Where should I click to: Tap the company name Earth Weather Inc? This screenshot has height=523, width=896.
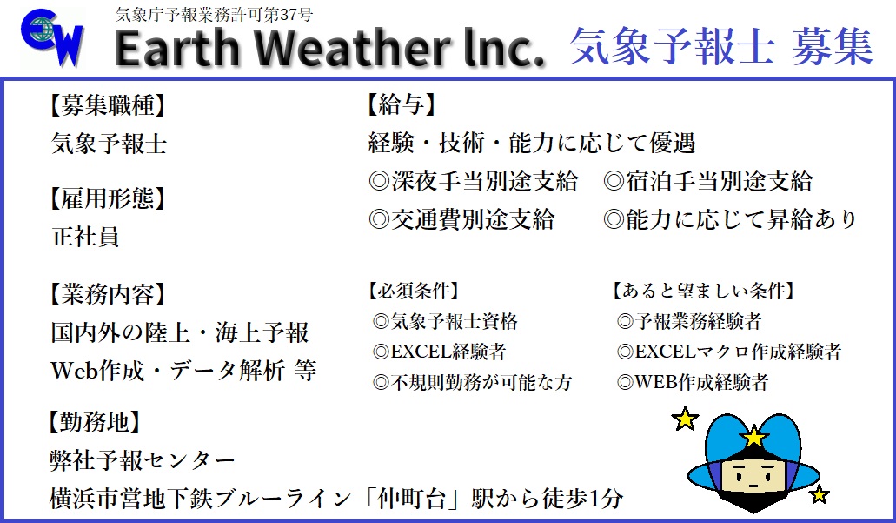tap(329, 50)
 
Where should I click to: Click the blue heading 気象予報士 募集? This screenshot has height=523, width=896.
tap(720, 46)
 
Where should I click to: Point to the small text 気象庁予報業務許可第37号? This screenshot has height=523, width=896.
tap(214, 14)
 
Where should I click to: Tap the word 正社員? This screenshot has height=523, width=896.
tap(84, 237)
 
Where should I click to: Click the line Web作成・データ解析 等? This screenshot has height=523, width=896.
tap(183, 370)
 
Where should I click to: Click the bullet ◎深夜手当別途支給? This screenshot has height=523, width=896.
tap(473, 181)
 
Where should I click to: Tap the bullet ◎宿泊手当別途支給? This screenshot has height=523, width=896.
tap(707, 181)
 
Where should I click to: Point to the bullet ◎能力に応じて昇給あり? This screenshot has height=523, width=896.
tap(730, 219)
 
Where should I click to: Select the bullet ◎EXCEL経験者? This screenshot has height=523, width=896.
tap(438, 352)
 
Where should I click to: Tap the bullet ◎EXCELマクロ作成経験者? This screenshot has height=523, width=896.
tap(728, 352)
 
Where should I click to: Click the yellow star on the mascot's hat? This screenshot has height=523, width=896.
tap(753, 436)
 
